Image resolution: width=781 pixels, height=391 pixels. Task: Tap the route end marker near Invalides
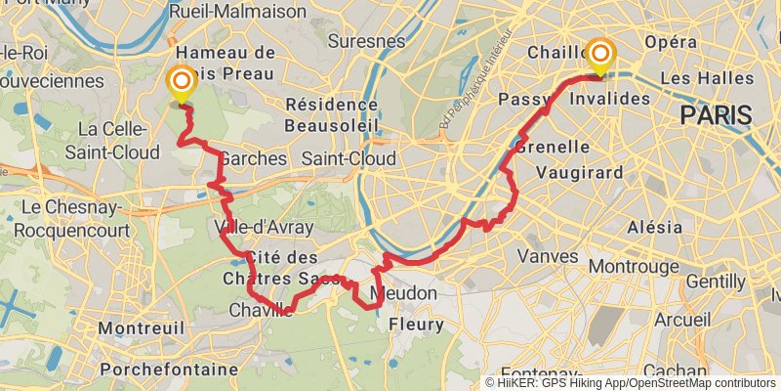point(599,55)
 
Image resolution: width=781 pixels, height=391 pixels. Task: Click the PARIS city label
point(717,115)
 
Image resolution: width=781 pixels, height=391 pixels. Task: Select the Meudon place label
point(404,293)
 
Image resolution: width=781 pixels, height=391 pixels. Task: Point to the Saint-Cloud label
point(349,158)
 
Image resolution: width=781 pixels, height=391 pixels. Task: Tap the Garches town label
point(254,158)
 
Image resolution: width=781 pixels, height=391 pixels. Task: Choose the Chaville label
point(261,310)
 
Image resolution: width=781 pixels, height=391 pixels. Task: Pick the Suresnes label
point(366,41)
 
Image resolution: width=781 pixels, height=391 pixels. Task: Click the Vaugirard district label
point(580,172)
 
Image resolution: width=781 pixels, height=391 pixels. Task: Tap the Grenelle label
point(551,147)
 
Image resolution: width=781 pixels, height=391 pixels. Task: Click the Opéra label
point(671,42)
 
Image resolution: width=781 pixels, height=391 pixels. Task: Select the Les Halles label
point(708,77)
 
